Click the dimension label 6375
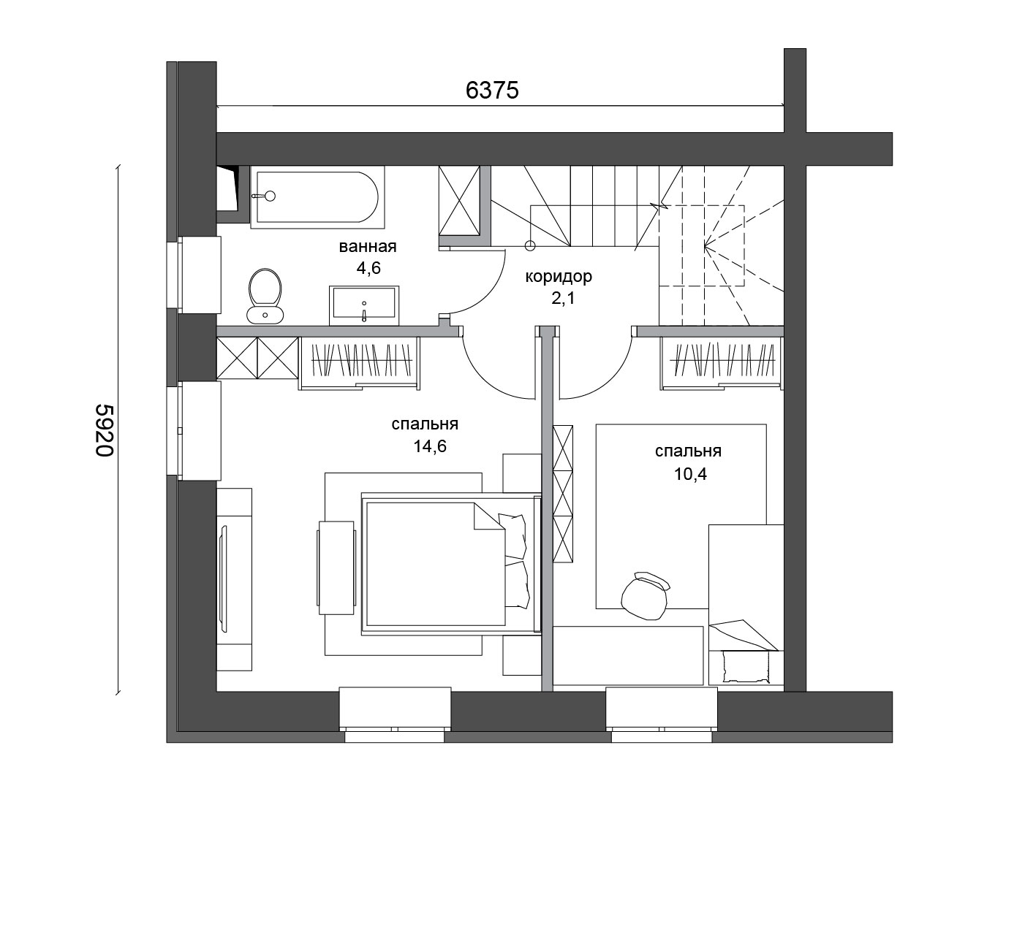click(491, 91)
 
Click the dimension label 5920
click(105, 430)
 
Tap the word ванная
click(368, 247)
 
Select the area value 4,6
click(368, 268)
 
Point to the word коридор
click(559, 277)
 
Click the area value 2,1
click(562, 298)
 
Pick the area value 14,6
click(429, 446)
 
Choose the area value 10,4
click(690, 473)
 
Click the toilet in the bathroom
click(265, 296)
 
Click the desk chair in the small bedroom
click(645, 595)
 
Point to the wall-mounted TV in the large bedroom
click(224, 578)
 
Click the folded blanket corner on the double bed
click(489, 516)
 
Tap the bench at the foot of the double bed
click(336, 568)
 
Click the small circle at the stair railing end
click(530, 246)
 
